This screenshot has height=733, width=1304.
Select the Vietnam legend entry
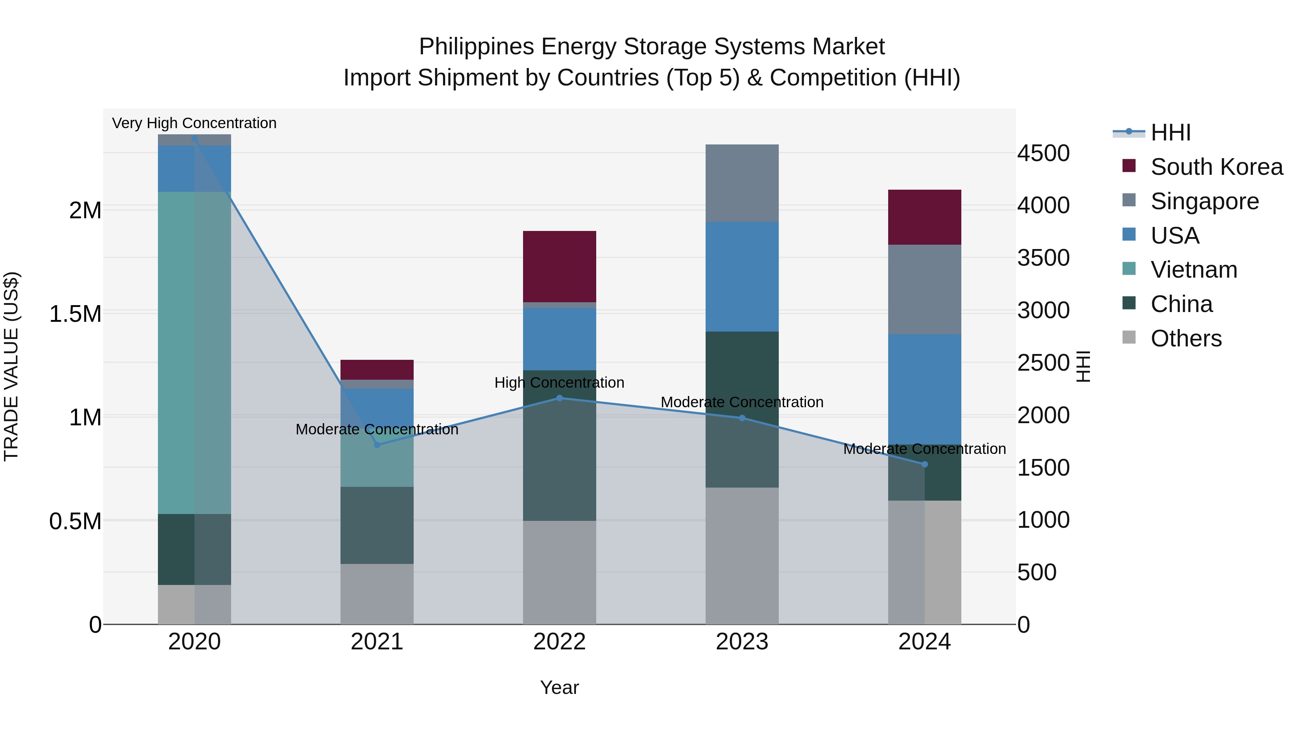click(1193, 270)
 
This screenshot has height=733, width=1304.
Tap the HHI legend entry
click(1170, 132)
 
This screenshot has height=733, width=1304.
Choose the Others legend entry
click(1186, 338)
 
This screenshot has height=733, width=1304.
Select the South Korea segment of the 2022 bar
click(559, 266)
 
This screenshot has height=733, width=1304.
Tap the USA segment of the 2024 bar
click(924, 389)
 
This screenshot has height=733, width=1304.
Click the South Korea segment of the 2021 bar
click(377, 370)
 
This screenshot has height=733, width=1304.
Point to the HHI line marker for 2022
click(559, 398)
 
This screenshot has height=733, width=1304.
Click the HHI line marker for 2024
click(924, 464)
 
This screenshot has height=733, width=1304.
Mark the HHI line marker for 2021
click(377, 445)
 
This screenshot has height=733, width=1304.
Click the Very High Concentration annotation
click(195, 123)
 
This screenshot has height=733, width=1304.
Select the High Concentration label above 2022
click(559, 383)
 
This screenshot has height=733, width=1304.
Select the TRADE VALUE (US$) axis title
click(11, 366)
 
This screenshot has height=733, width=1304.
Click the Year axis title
click(559, 687)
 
